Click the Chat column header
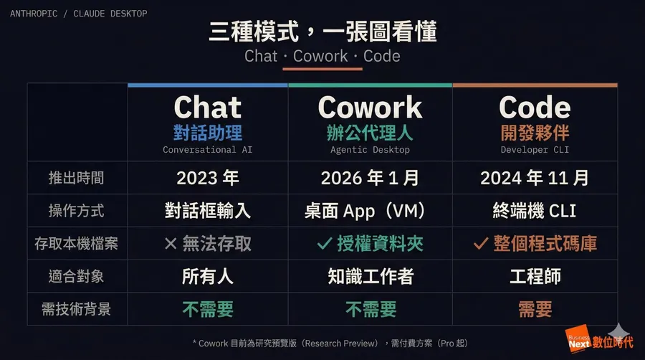pos(208,108)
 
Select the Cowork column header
pos(370,108)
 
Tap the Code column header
pos(535,108)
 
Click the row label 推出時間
pos(77,178)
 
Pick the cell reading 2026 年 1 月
pos(370,178)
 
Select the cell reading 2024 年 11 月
pos(535,178)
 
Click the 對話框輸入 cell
pos(208,211)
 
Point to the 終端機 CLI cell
pos(535,211)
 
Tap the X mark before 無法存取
pos(171,244)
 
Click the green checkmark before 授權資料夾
pos(324,244)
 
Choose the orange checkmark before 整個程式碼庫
pos(481,244)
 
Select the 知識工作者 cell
pos(370,276)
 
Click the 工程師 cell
pos(535,276)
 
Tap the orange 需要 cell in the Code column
pos(535,309)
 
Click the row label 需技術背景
pos(77,309)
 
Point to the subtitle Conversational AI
pos(208,150)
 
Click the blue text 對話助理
pos(208,133)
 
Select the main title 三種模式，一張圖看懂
pos(322,32)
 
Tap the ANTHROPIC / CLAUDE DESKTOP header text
pos(79,13)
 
